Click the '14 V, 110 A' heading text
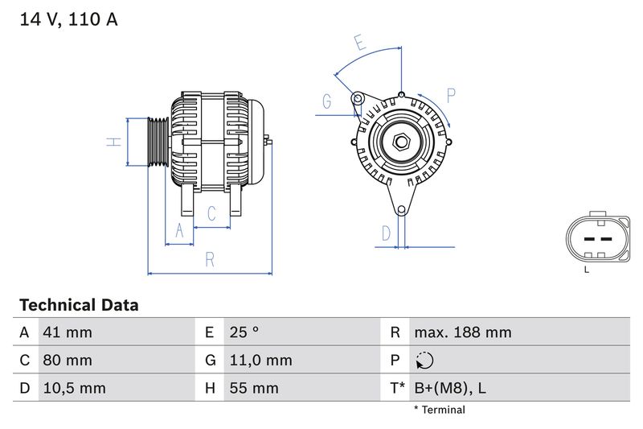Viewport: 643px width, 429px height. (x=68, y=19)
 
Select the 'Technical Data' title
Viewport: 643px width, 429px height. (x=79, y=305)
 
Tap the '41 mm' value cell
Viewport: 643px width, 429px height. (x=68, y=332)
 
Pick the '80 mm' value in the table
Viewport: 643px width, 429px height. (x=68, y=360)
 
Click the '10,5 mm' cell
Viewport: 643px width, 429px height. (x=75, y=388)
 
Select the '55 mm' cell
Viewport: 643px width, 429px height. (x=253, y=388)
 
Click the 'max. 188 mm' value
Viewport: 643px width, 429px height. (x=462, y=332)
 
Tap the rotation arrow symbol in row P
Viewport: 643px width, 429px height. (x=425, y=360)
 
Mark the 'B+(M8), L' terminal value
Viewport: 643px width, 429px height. (x=449, y=388)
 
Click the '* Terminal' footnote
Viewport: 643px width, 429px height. (x=439, y=410)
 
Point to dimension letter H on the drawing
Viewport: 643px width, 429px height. (x=114, y=142)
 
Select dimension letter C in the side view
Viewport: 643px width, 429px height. (x=211, y=213)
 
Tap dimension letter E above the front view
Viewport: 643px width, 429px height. (x=359, y=43)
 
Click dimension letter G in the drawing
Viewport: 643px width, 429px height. (x=327, y=101)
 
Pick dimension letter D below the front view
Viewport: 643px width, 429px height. (x=386, y=233)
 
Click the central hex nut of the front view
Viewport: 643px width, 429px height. (x=401, y=142)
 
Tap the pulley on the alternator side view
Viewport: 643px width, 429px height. (x=158, y=142)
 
